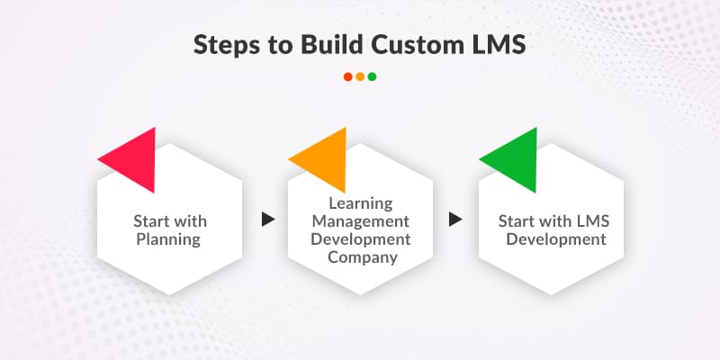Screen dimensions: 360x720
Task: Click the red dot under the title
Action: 348,76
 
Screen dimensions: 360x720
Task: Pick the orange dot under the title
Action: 360,76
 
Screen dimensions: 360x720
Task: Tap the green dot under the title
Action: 372,76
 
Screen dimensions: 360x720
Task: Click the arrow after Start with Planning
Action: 266,219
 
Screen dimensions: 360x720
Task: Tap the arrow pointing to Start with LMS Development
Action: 456,219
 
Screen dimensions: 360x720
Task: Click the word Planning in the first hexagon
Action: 169,239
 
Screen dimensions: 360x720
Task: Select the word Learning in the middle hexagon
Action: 360,202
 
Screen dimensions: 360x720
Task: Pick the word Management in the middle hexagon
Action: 360,221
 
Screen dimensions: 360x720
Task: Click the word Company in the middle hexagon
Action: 360,258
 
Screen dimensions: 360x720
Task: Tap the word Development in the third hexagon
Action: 551,239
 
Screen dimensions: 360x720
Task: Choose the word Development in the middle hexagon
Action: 360,239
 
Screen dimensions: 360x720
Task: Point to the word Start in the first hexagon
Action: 149,220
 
